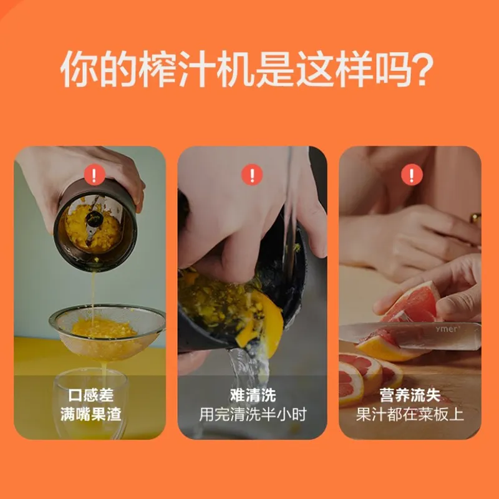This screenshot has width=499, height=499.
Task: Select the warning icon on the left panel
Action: coord(94,175)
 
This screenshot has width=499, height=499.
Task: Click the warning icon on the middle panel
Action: coord(252,175)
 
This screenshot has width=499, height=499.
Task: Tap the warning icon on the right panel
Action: coord(412,175)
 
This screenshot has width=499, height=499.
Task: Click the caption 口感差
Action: coord(90,395)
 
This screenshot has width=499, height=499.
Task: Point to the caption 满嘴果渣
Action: coord(90,414)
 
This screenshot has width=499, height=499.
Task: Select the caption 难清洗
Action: coord(253,395)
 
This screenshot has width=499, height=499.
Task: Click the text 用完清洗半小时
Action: coord(253,414)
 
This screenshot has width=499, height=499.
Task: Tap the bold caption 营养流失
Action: coord(410,395)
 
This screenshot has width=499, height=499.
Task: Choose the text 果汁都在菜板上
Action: coord(410,414)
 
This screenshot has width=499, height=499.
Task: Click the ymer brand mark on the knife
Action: coord(447,329)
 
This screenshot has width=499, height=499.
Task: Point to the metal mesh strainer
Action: coord(107,329)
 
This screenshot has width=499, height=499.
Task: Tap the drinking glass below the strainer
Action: coord(90,404)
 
